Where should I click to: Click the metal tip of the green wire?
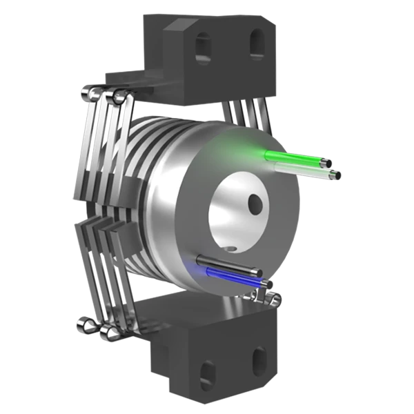click(325, 162)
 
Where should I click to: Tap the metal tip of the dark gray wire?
click(256, 271)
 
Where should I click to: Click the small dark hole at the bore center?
click(255, 202)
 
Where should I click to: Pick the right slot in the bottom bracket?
click(259, 360)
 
